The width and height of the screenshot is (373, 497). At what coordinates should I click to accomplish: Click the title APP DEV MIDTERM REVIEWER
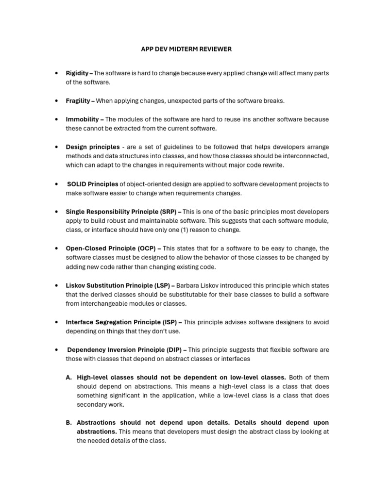click(186, 49)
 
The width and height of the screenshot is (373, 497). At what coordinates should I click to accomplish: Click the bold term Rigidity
click(77, 73)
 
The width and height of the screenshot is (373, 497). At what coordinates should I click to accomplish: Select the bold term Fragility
click(78, 101)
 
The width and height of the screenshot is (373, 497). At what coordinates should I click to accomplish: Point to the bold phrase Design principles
click(93, 147)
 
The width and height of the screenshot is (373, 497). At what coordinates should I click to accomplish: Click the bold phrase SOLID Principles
click(93, 184)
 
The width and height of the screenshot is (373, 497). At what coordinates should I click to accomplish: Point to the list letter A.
click(69, 378)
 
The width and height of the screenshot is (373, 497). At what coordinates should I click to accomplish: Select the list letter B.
click(69, 423)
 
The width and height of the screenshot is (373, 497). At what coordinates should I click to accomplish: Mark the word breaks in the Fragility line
click(273, 101)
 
